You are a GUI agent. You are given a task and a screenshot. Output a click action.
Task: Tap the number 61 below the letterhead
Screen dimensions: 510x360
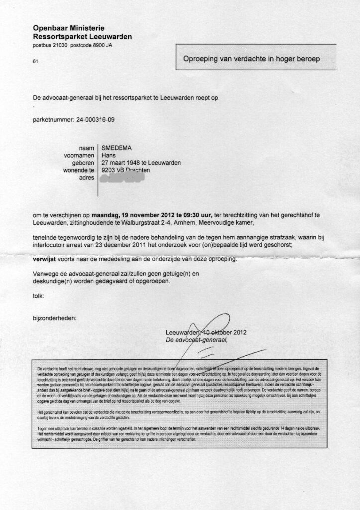point(35,62)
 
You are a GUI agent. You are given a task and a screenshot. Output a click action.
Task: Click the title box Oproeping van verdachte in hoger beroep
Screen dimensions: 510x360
point(251,59)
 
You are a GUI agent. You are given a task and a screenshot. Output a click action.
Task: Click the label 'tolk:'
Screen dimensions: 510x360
point(38,296)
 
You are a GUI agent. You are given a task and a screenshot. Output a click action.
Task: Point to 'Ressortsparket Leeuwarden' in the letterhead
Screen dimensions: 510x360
point(82,37)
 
